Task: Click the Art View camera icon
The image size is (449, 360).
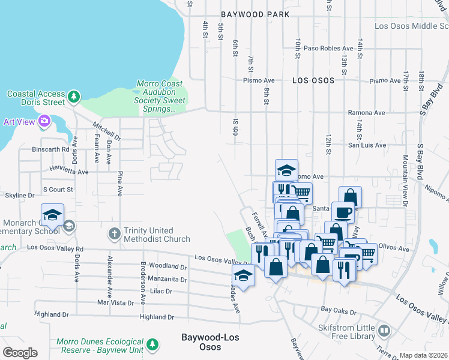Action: coord(44,122)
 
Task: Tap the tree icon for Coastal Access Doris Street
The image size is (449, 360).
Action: coord(74,97)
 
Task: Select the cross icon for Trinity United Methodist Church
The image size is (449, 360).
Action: coord(114,233)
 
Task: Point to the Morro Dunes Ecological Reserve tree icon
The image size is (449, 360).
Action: coord(154,344)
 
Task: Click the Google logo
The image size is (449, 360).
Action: coord(20,352)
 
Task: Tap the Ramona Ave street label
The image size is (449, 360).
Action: coord(366,113)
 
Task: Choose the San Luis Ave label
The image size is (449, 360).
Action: coord(367,145)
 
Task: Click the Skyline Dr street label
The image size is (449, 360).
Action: coord(19,196)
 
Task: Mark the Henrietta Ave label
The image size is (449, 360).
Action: coord(69,171)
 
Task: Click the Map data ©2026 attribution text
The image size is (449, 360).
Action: coord(424,355)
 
